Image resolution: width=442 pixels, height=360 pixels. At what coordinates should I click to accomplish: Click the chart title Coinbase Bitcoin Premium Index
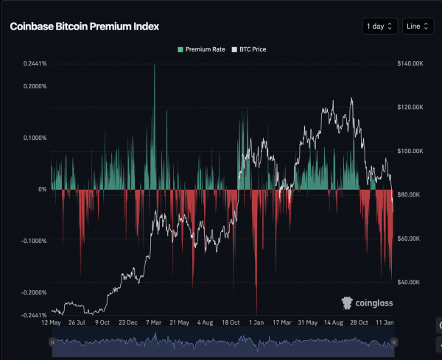[x=84, y=27]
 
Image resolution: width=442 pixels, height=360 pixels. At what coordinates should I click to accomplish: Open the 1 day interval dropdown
[x=380, y=27]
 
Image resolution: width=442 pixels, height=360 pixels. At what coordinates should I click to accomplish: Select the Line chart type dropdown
[x=418, y=27]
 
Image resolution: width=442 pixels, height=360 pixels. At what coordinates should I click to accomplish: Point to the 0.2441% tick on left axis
[x=34, y=64]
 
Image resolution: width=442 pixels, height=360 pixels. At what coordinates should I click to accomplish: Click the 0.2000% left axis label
[x=34, y=86]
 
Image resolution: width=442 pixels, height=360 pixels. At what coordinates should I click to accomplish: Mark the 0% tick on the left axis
[x=42, y=189]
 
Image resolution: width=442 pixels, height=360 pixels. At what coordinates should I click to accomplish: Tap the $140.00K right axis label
[x=410, y=64]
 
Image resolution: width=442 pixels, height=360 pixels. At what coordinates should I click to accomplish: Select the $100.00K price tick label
[x=410, y=151]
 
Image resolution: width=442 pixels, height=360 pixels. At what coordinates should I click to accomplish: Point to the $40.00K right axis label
[x=410, y=282]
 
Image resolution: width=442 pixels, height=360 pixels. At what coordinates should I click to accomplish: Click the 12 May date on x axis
[x=51, y=322]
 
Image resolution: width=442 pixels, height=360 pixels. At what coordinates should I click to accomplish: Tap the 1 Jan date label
[x=256, y=322]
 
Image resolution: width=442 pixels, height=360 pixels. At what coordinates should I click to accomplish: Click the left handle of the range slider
[x=52, y=342]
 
